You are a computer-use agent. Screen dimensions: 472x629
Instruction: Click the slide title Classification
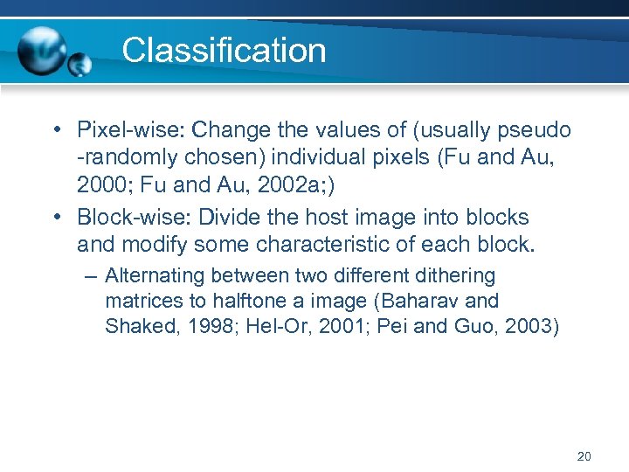pyautogui.click(x=224, y=50)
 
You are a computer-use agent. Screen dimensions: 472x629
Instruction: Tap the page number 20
pyautogui.click(x=584, y=456)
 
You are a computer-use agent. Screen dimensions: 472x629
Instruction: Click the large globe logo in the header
pyautogui.click(x=43, y=49)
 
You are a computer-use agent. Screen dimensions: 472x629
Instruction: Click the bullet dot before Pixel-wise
pyautogui.click(x=56, y=131)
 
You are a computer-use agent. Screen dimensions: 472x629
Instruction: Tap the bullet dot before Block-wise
pyautogui.click(x=56, y=218)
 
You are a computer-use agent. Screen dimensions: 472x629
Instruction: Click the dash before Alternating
pyautogui.click(x=93, y=276)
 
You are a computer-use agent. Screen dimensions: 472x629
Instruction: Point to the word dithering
pyautogui.click(x=453, y=276)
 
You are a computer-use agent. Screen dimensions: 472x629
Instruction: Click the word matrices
pyautogui.click(x=142, y=302)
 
